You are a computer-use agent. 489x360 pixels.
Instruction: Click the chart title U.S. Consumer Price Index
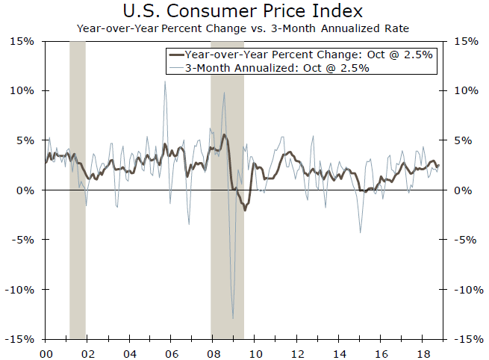(243, 12)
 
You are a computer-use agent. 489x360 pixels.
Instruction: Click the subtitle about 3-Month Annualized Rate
(243, 28)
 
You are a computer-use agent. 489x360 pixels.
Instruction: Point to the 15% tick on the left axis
(22, 41)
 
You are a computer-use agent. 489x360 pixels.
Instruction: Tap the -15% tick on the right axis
(467, 339)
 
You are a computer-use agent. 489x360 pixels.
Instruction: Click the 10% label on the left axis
(22, 90)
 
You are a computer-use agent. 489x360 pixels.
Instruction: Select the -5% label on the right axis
(465, 240)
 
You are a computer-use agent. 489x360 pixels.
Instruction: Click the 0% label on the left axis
(26, 190)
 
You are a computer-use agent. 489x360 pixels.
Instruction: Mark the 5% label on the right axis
(463, 140)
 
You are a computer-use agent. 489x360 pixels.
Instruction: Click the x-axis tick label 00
(46, 351)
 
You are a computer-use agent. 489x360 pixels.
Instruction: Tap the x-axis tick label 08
(213, 351)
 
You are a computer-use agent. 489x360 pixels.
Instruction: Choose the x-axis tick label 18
(422, 351)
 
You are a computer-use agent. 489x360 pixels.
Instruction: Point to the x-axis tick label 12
(296, 351)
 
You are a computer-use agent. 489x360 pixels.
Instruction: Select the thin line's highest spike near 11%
(164, 81)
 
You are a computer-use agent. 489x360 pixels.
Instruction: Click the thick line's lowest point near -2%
(245, 210)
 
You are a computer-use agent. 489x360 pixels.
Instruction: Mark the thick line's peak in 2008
(224, 135)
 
